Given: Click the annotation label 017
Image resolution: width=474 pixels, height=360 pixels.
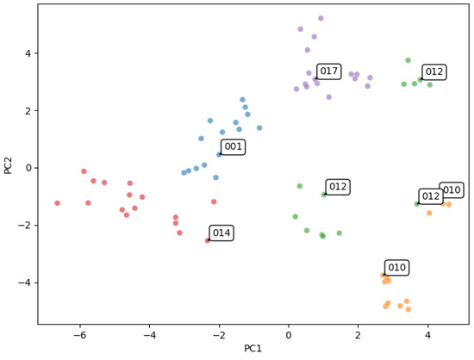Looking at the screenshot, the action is (x=329, y=71).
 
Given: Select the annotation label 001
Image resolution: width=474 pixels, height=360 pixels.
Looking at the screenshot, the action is (x=233, y=146).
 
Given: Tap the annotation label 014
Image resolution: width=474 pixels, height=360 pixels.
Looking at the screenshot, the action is (x=221, y=233).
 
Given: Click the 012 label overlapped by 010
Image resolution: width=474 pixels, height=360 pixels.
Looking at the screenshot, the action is (x=431, y=196).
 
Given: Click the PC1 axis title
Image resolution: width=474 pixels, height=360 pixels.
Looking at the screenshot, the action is (x=253, y=349).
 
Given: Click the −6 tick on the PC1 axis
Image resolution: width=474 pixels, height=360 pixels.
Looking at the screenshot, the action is (x=80, y=335).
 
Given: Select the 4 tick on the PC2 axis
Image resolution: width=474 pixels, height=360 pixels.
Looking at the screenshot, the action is (x=28, y=53).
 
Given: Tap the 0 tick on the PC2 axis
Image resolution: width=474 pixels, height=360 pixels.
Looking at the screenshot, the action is (x=28, y=168).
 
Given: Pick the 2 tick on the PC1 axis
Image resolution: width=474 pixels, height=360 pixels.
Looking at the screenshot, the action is (x=359, y=335).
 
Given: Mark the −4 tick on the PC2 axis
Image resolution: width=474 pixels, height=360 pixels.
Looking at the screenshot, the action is (x=25, y=283).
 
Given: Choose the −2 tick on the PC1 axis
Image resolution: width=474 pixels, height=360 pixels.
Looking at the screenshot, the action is (x=219, y=335).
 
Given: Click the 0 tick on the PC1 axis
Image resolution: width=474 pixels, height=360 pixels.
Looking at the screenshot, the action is (x=289, y=335).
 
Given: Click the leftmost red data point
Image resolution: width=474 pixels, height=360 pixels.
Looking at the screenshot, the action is (x=57, y=203).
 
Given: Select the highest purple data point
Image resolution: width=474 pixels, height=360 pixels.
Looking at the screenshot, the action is (x=321, y=18).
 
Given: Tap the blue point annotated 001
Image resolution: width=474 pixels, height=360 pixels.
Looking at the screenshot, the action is (x=219, y=155).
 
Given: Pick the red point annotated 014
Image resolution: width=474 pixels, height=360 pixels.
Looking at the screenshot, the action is (x=208, y=240).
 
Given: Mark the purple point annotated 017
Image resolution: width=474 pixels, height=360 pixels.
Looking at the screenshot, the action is (x=315, y=79).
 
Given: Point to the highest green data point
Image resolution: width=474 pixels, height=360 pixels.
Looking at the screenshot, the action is (x=409, y=60).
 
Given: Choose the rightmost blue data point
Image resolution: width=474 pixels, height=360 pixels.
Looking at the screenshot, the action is (x=259, y=128).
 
